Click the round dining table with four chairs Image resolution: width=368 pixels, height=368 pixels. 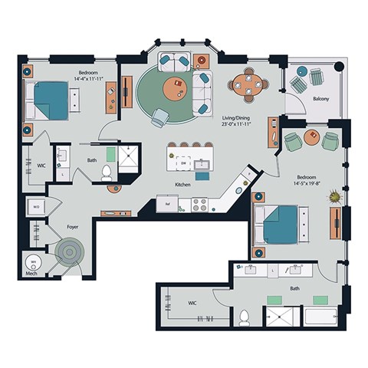tap(245, 86)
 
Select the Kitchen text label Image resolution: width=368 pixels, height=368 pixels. tap(182, 185)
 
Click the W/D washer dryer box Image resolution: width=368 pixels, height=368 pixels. tap(36, 205)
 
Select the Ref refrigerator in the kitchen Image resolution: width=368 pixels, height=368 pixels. tap(163, 204)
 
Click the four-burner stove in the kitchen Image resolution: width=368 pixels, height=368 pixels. tap(199, 205)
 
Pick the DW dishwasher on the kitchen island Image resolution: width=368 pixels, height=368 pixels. tap(182, 163)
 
